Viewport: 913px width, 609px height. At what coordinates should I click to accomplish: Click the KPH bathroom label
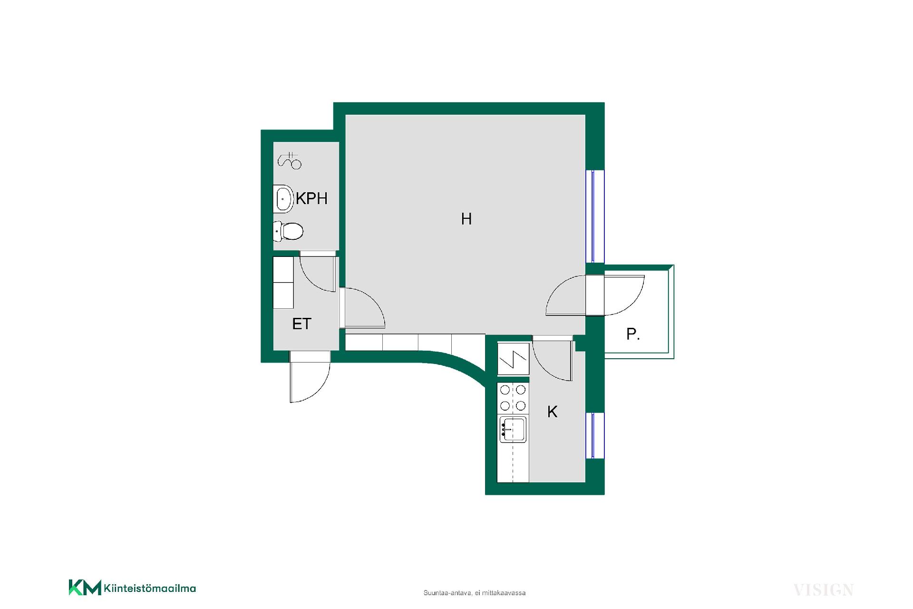tap(312, 198)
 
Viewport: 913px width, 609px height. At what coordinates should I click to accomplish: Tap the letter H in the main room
tap(466, 219)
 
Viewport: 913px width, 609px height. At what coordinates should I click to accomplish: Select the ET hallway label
tap(301, 324)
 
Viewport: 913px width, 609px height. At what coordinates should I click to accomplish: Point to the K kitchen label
tap(552, 412)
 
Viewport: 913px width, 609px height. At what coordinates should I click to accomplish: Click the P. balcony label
tap(633, 334)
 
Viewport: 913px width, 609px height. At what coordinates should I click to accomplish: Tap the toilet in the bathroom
tap(288, 232)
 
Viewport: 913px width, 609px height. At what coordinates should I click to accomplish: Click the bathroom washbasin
tap(282, 198)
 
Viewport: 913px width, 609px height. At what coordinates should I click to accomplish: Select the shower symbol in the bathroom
tap(290, 161)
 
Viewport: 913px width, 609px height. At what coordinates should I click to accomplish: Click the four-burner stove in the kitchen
tap(513, 398)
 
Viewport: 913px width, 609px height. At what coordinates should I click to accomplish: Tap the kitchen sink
tap(513, 429)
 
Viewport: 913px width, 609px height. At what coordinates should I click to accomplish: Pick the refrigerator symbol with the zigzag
tap(513, 358)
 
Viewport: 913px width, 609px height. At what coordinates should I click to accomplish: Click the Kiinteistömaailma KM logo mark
tap(85, 588)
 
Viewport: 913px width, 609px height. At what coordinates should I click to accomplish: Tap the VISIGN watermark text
tap(823, 590)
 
